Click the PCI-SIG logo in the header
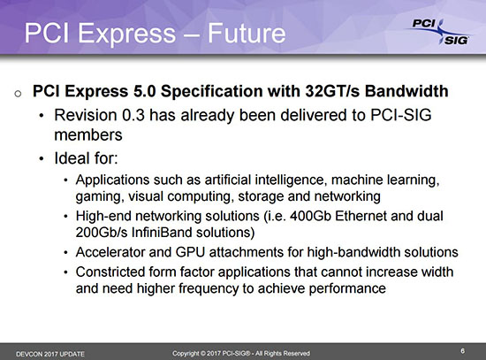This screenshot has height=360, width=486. [x=439, y=32]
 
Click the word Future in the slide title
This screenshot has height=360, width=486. [x=247, y=34]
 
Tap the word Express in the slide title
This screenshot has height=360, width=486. [x=126, y=34]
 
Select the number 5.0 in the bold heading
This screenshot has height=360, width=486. [x=144, y=91]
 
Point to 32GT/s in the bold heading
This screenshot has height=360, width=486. [x=332, y=91]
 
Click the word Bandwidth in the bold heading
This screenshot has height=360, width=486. [x=406, y=91]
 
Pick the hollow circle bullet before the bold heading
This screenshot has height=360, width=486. [x=18, y=94]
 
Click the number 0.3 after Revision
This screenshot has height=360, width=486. [x=133, y=115]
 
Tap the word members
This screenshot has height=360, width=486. [x=88, y=135]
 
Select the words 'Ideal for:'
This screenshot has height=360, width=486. [x=87, y=158]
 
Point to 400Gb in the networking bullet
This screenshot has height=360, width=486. [x=310, y=216]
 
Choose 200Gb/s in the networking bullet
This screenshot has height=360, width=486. [x=102, y=233]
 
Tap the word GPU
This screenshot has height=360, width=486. [x=190, y=252]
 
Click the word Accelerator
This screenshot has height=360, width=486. [x=110, y=252]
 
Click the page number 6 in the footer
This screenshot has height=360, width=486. [x=462, y=351]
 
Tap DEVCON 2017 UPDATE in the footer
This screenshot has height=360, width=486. [x=50, y=354]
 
